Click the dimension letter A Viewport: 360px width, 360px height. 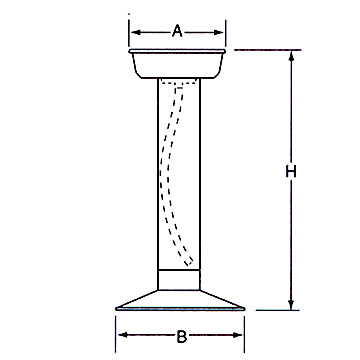tap(177, 32)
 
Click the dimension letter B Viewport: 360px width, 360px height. tap(181, 337)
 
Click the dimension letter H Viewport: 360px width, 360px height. tap(291, 172)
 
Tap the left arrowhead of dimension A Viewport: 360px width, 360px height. tap(136, 32)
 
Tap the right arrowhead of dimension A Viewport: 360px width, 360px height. tap(219, 32)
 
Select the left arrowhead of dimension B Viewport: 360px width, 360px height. tap(123, 335)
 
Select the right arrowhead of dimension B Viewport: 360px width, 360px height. tap(237, 335)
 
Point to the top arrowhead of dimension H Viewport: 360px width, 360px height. tap(292, 56)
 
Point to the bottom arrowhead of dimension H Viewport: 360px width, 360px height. tap(291, 304)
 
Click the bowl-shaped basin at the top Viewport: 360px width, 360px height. tap(177, 64)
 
